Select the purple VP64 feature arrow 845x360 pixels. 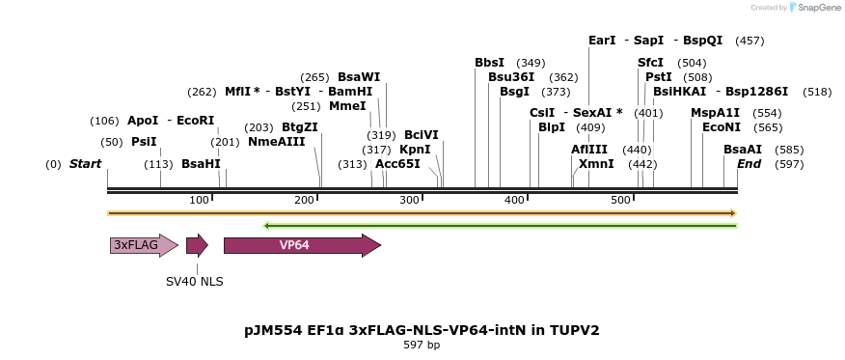302,245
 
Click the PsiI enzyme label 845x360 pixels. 144,142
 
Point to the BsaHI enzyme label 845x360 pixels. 201,164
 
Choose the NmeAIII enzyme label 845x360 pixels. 276,142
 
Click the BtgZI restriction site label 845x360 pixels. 299,127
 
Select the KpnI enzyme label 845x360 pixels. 415,150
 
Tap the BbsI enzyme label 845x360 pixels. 489,63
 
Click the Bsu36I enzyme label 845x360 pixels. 511,77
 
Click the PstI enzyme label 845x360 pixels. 659,77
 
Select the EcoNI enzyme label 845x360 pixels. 722,127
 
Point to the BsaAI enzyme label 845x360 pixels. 743,150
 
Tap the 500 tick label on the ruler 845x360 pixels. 621,200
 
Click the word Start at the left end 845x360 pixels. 85,164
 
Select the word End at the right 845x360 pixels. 750,164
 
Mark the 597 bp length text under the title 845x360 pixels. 422,345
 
